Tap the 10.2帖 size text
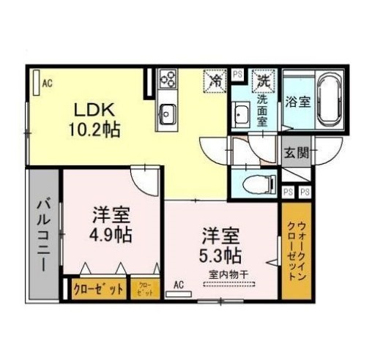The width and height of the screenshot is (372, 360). point(96,131)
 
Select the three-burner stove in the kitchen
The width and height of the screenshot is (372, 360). point(168,79)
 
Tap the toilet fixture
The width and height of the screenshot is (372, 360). point(256,184)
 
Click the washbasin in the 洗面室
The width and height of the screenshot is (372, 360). point(241,113)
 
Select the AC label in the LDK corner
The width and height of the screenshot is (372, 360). point(47,83)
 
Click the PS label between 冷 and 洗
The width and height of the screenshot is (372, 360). point(237,74)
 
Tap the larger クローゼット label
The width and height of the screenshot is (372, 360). point(99,288)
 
